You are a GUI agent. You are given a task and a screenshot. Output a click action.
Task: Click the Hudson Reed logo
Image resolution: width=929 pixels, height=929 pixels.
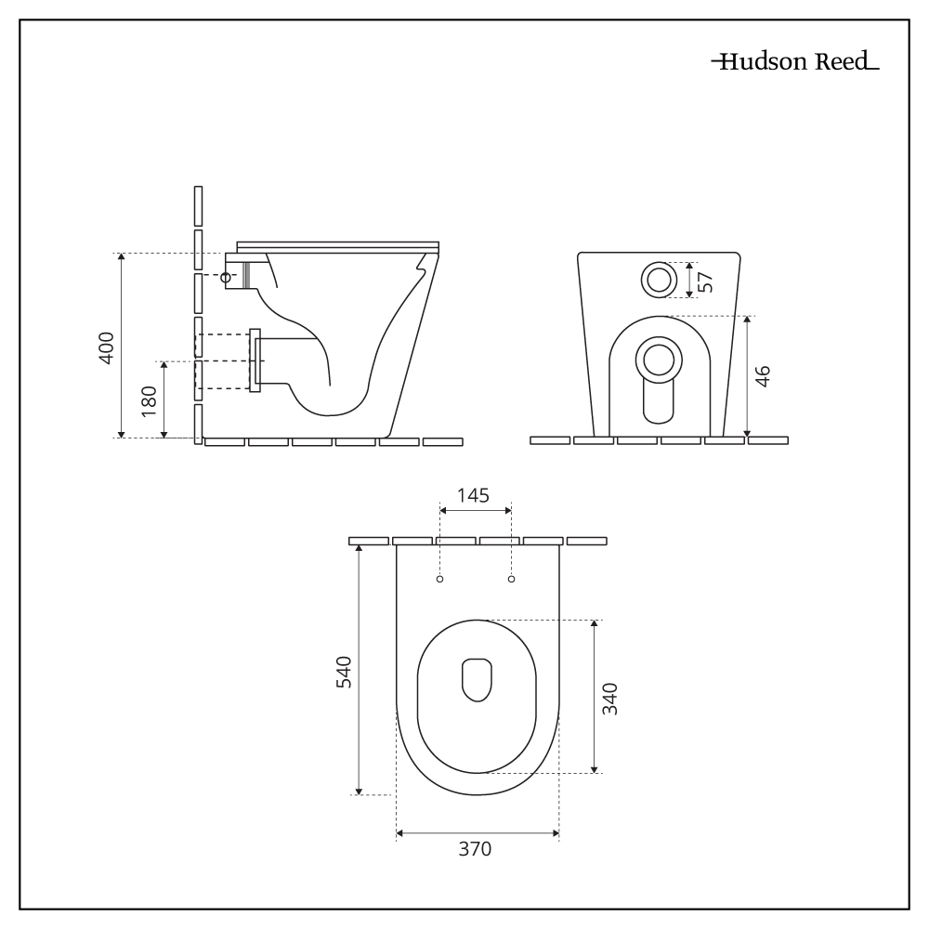pyautogui.click(x=794, y=64)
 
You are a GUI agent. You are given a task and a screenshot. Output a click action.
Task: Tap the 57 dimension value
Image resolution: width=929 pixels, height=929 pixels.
pyautogui.click(x=706, y=280)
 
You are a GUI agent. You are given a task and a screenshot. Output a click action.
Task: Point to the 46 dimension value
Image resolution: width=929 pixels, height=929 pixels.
pyautogui.click(x=762, y=376)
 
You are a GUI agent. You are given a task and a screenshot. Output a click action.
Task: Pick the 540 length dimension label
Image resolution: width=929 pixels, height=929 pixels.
pyautogui.click(x=343, y=671)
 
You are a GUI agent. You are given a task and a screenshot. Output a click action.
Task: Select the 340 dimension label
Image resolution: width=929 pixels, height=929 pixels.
pyautogui.click(x=609, y=697)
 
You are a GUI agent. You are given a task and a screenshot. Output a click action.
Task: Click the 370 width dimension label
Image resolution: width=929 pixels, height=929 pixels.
pyautogui.click(x=477, y=849)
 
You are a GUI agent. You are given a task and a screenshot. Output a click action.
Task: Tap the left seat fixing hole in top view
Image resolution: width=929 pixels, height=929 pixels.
pyautogui.click(x=440, y=580)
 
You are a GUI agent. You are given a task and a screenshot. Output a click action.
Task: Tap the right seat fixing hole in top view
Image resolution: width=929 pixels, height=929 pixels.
pyautogui.click(x=511, y=580)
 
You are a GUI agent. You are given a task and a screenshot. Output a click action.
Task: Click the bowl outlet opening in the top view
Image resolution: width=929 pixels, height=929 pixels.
pyautogui.click(x=477, y=679)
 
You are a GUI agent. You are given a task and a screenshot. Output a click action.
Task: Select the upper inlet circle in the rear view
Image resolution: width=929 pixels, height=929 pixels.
pyautogui.click(x=659, y=279)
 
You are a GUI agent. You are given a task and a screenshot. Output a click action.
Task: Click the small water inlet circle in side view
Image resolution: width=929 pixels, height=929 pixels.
pyautogui.click(x=226, y=276)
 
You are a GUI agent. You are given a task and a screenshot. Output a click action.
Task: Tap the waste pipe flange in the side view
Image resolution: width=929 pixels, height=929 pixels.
pyautogui.click(x=255, y=360)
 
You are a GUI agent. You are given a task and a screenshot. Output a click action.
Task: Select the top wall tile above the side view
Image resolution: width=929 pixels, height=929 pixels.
pyautogui.click(x=198, y=205)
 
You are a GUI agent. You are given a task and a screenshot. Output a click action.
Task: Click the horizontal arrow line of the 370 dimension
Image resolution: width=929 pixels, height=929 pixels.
pyautogui.click(x=437, y=833)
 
